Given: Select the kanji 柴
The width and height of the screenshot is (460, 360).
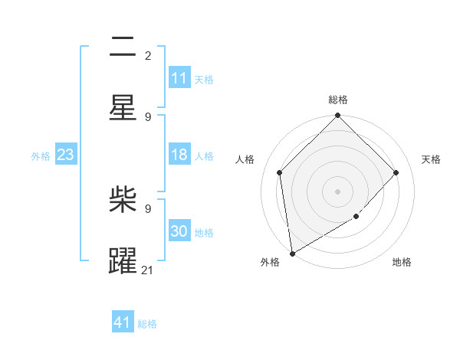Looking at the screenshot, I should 123,201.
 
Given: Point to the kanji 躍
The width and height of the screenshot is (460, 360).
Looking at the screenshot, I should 123,260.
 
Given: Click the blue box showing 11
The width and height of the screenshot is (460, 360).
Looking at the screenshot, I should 179,78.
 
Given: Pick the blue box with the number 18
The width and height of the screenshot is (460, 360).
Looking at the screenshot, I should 179,155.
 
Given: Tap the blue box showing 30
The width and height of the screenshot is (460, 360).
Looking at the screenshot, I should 179,232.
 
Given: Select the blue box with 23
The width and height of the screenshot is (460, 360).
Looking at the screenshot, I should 66,155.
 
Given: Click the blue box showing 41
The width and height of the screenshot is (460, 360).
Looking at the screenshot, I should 123,323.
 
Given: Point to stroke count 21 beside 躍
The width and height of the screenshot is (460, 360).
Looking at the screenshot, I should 148,270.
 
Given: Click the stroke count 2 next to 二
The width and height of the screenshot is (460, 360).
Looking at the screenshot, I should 148,55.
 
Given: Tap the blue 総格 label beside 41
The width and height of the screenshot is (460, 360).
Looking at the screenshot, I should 147,324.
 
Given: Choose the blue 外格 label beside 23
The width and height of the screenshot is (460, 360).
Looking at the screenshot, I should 41,156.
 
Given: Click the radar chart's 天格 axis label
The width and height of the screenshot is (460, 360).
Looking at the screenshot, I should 431,159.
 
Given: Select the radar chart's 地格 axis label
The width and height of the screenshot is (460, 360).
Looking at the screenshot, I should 402,263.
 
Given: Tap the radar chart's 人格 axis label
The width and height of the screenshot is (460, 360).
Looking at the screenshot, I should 245,159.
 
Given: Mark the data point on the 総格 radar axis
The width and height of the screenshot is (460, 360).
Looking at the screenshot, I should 338,116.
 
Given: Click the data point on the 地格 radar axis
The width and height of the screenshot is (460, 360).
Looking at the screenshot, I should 356,217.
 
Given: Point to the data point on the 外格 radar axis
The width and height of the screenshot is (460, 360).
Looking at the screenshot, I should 292,254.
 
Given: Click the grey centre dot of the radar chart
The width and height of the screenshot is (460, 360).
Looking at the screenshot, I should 338,191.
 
